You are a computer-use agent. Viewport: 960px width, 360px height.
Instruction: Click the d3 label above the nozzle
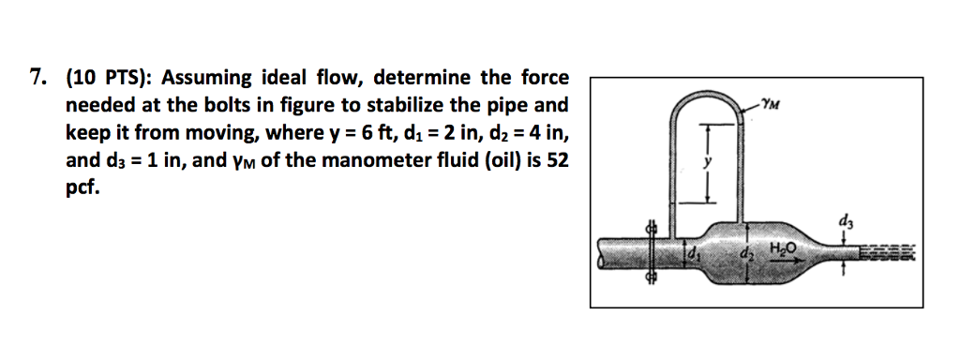click(x=847, y=222)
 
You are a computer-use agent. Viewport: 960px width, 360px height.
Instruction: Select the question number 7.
click(x=37, y=78)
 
